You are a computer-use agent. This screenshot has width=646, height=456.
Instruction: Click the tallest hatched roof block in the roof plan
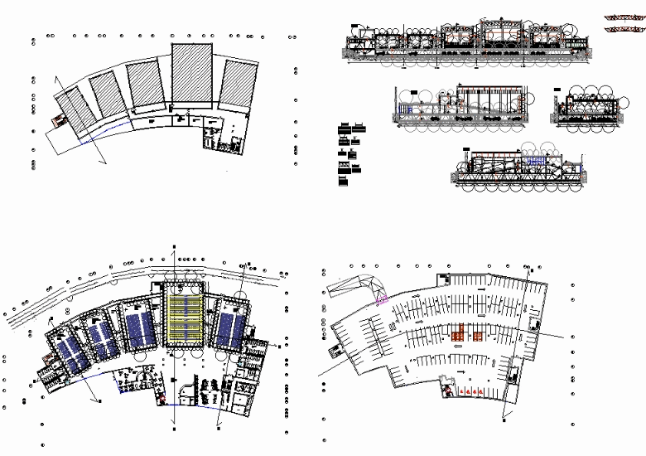pyautogui.click(x=191, y=75)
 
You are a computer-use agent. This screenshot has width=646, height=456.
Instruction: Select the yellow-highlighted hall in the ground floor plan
pyautogui.click(x=186, y=314)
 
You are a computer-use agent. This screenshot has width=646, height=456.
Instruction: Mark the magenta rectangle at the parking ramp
pyautogui.click(x=383, y=300)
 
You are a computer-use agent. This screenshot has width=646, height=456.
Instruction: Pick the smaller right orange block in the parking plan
pyautogui.click(x=479, y=336)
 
